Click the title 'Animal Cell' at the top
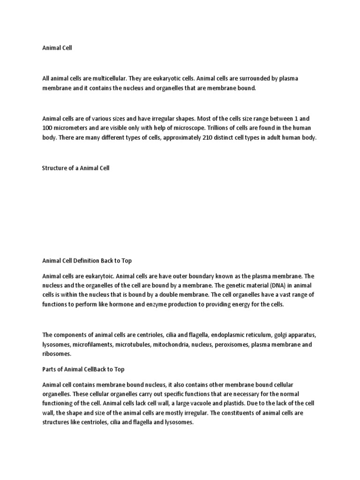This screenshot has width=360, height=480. point(57,48)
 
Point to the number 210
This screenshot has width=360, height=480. point(202,138)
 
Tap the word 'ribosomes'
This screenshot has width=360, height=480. point(57,354)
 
